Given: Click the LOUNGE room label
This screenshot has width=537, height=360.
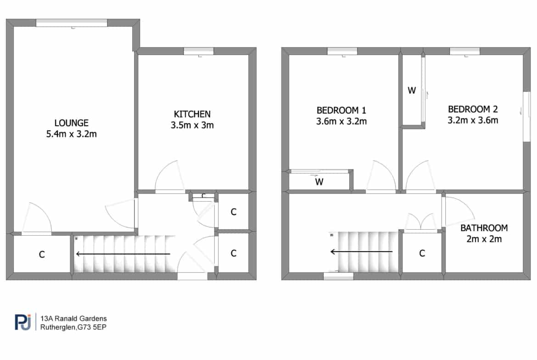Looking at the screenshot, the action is tap(71, 123).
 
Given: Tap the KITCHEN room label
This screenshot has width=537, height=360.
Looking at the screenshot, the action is tap(192, 114).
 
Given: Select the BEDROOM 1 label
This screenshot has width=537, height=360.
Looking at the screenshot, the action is tap(341, 111).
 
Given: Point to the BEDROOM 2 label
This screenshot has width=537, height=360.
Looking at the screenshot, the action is tap(473, 109).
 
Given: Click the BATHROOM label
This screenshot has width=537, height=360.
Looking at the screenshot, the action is tap(484, 228).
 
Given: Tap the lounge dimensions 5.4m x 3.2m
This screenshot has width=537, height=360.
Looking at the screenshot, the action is tap(71, 134).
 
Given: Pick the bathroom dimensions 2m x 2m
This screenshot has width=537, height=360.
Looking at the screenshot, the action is tap(484, 239).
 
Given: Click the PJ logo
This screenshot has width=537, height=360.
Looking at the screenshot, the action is tap(23, 322).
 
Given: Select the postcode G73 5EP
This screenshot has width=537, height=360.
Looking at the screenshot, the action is tap(92, 327).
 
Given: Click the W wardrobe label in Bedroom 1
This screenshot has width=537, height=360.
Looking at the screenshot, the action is tap(319, 182).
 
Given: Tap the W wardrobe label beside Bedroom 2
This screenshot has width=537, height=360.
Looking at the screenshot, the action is tap(412, 90).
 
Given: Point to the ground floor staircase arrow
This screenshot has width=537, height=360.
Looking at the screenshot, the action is tap(123, 254).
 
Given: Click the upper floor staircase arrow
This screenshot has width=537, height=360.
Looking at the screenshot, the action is tap(361, 252).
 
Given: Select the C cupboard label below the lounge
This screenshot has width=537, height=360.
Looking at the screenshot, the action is tap(42, 254).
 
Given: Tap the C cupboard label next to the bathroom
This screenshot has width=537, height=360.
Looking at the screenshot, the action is tap(422, 253).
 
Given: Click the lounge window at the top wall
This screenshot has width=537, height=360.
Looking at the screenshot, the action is tap(72, 22).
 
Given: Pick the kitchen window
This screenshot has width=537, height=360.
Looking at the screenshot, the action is tap(199, 51).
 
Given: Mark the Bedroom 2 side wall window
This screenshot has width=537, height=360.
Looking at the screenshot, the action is tap(527, 116).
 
